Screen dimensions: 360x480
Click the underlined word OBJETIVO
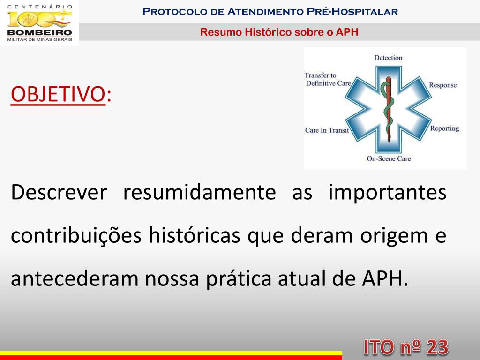click(x=57, y=94)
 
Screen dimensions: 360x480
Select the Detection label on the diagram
click(x=388, y=58)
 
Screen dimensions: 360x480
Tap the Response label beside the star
click(x=442, y=85)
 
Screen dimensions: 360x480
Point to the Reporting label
click(x=444, y=128)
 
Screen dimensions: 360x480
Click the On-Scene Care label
click(x=389, y=158)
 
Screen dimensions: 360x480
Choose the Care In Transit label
click(x=327, y=130)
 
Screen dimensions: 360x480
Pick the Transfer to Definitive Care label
click(x=328, y=79)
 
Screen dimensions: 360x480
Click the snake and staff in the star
click(x=387, y=108)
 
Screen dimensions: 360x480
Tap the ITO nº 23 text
click(x=406, y=347)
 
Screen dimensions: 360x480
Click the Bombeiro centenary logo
click(x=39, y=22)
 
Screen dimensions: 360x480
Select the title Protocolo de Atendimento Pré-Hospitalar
click(x=270, y=11)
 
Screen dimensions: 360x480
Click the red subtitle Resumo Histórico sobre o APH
click(x=279, y=32)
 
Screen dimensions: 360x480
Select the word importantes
click(x=387, y=193)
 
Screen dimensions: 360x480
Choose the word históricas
click(x=195, y=236)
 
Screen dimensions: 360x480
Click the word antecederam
click(x=75, y=279)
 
